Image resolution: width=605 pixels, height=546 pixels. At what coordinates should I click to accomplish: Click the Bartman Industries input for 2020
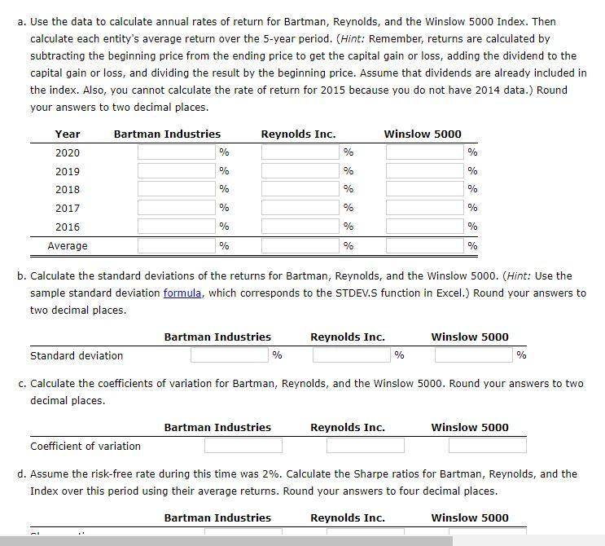(176, 152)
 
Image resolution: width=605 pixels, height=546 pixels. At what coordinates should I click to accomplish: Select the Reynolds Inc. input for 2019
(300, 171)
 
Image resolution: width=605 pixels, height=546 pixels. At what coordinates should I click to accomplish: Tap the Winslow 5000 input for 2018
(424, 189)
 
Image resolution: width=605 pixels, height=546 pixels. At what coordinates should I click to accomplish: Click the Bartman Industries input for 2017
(176, 208)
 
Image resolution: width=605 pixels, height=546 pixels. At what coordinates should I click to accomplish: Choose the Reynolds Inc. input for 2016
(300, 227)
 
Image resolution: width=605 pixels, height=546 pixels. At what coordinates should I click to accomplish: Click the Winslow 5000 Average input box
(424, 245)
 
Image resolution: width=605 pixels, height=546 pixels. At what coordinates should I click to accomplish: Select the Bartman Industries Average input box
(176, 245)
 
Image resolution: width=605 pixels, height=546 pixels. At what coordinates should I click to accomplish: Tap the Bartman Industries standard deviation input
(230, 354)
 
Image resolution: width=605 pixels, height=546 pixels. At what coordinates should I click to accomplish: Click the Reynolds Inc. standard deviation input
(352, 354)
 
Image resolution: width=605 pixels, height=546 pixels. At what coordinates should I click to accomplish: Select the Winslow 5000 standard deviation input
(474, 354)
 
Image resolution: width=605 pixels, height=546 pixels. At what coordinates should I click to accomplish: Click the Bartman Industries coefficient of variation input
(243, 446)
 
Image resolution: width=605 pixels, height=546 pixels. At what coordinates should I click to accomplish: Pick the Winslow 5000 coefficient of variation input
(487, 446)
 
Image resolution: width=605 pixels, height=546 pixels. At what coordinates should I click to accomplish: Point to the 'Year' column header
(68, 134)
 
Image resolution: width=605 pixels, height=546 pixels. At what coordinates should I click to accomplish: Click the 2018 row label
(68, 190)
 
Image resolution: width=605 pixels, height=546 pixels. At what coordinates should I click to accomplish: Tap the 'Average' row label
(68, 246)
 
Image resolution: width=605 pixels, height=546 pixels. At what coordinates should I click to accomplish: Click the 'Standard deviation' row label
(77, 355)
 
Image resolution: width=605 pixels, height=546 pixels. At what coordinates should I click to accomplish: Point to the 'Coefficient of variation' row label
(85, 447)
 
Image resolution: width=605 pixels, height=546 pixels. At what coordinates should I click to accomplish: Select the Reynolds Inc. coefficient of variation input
(365, 446)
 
